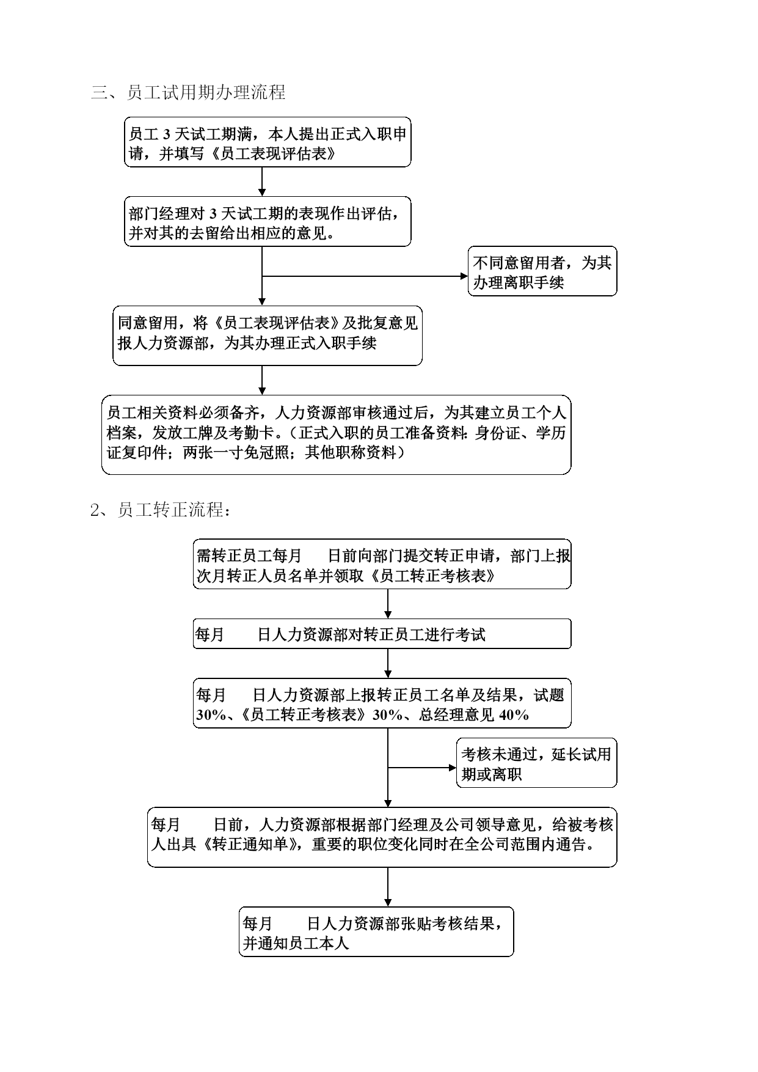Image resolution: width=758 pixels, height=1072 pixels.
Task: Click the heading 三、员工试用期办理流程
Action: point(188,92)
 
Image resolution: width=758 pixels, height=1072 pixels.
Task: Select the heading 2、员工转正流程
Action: point(161,510)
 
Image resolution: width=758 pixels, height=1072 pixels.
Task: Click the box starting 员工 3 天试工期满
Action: point(268,142)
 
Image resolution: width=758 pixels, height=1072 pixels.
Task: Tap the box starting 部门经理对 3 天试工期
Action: point(268,221)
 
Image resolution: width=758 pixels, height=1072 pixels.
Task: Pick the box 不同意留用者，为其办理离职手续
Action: point(542,271)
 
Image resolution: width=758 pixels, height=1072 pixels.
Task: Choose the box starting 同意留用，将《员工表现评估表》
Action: point(268,336)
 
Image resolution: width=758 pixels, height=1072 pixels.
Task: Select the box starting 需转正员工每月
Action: point(382,564)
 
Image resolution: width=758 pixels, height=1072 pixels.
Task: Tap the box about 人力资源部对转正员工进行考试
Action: point(382,634)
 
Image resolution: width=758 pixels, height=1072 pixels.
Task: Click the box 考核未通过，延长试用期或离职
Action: point(536,763)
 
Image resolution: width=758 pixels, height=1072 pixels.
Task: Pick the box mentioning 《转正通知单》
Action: point(382,837)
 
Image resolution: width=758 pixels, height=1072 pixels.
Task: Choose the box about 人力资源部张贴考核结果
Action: point(376,931)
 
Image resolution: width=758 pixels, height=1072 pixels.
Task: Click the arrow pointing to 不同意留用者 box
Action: point(365,276)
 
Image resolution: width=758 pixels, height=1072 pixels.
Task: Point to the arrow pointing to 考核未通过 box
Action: point(422,768)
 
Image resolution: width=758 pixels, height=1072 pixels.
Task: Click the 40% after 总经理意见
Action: point(514,715)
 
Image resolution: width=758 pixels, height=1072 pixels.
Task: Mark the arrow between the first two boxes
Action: point(262,182)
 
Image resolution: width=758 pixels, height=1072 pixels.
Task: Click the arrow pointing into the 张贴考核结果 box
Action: point(388,887)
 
